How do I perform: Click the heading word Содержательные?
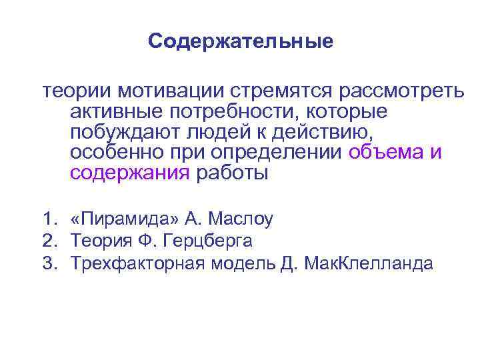240,42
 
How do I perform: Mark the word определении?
279,153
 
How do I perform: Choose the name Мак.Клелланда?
368,262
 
